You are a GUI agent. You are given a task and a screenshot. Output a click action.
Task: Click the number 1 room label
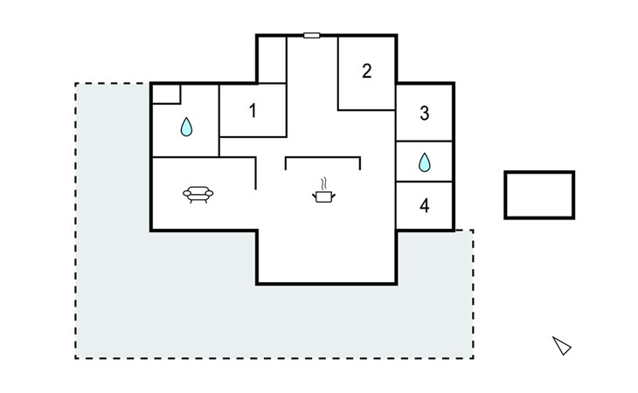(253, 111)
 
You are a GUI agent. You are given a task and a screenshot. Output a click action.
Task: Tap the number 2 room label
(366, 71)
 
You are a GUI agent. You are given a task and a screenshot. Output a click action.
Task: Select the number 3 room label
(425, 114)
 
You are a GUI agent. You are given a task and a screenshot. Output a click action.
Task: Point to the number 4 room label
(425, 205)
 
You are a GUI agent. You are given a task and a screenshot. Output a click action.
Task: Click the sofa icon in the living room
(198, 195)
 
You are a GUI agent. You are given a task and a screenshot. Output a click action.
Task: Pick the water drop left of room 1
(186, 127)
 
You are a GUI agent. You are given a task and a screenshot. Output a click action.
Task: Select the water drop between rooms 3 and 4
(425, 162)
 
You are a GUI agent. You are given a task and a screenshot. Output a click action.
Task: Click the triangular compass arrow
(562, 346)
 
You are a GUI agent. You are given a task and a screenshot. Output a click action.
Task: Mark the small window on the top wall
(312, 36)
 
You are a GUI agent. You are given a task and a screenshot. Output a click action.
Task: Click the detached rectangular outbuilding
(539, 195)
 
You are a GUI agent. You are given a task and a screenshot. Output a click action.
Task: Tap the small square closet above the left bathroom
(166, 93)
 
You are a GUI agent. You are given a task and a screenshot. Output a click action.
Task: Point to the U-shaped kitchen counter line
(322, 157)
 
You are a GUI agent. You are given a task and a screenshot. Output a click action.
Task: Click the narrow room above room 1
(272, 59)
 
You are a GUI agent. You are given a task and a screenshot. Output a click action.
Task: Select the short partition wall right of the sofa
(255, 174)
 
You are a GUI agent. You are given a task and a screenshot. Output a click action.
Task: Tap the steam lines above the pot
(323, 183)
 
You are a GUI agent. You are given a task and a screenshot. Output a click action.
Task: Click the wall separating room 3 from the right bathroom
(425, 141)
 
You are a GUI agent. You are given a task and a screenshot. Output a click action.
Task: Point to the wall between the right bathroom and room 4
(425, 182)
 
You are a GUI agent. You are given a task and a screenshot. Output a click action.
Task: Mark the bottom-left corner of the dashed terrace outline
(76, 358)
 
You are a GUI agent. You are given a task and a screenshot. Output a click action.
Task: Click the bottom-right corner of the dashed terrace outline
(473, 358)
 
